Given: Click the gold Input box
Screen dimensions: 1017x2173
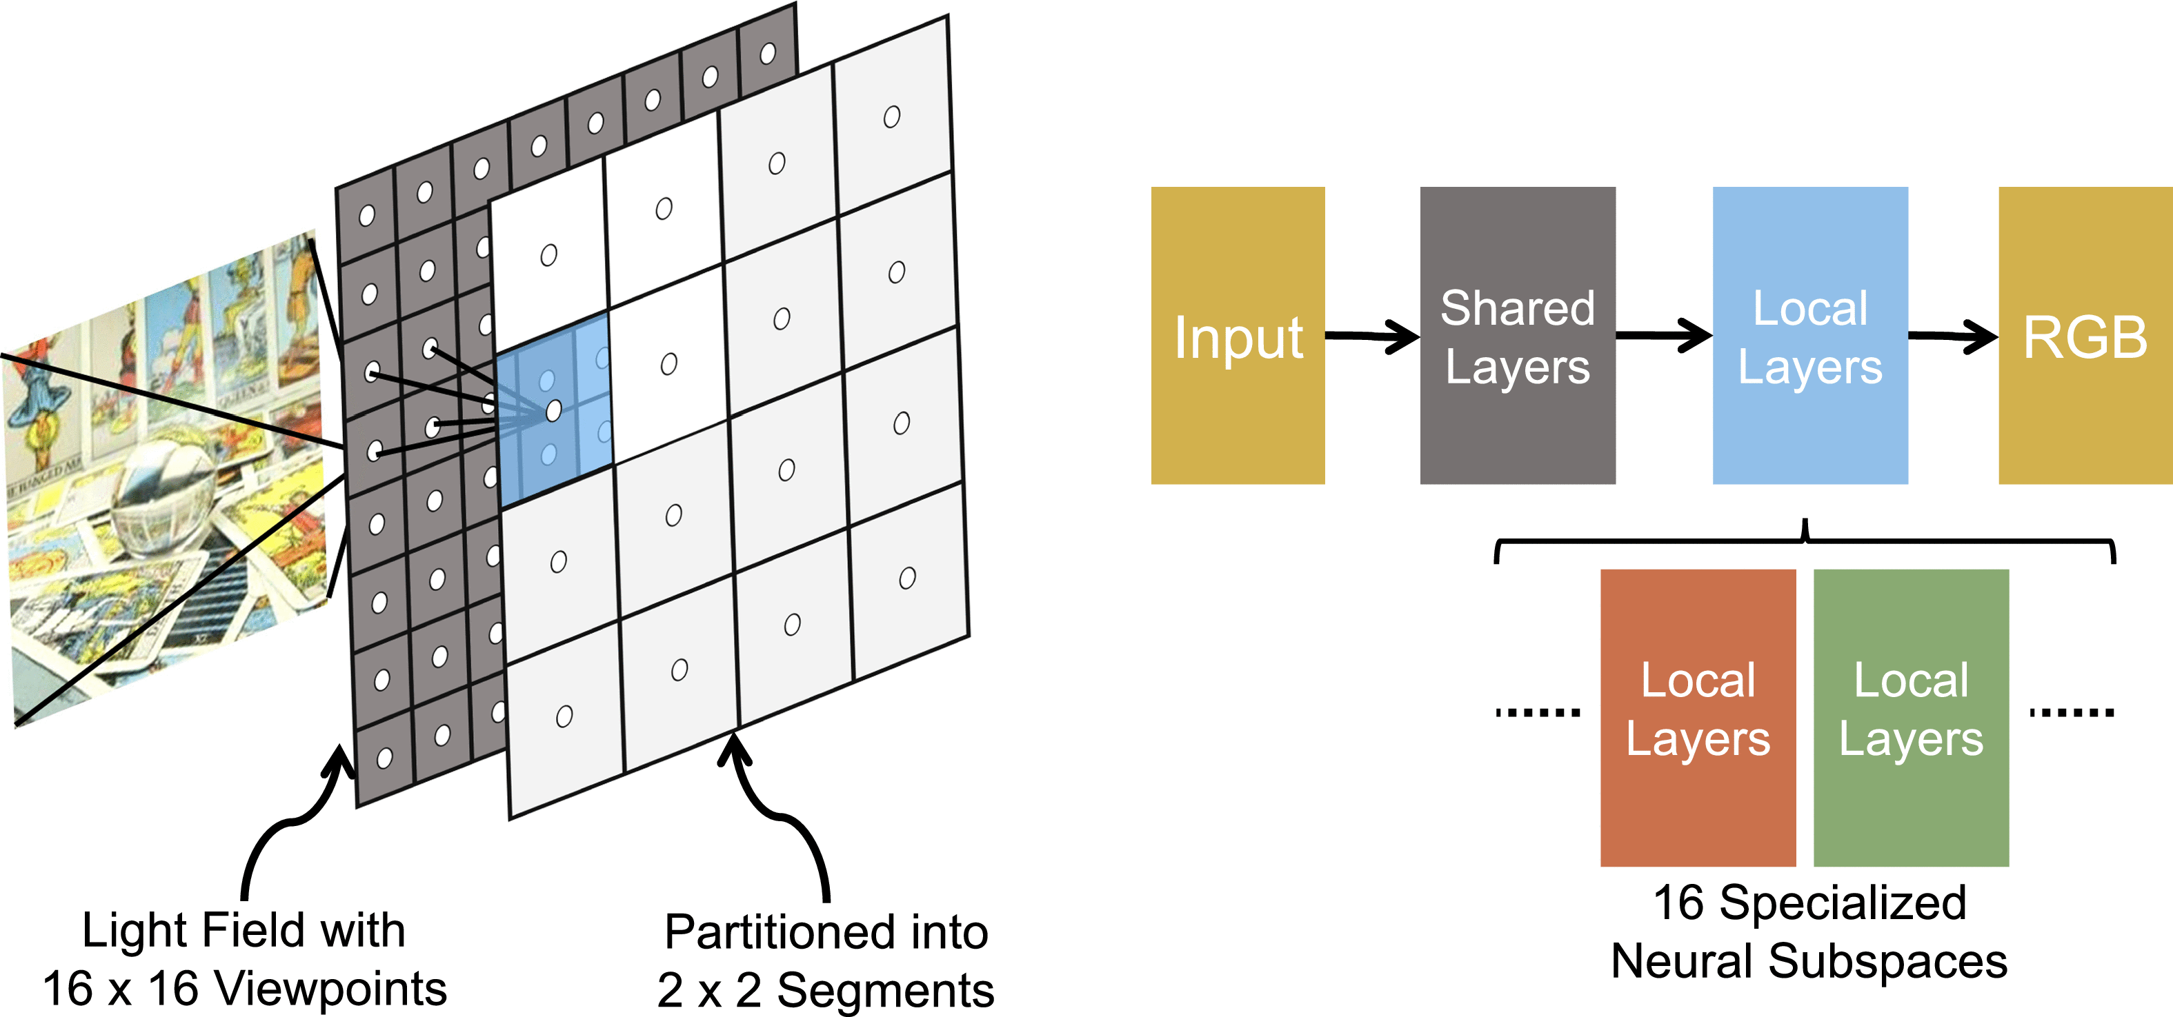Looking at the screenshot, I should click(x=1238, y=335).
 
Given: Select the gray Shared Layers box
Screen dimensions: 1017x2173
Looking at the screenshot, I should click(x=1517, y=335).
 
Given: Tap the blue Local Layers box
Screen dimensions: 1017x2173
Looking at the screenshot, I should click(x=1809, y=335).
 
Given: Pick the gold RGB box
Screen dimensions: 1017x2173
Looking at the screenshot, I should click(x=2085, y=335).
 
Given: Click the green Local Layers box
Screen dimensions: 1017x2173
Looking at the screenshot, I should click(x=1911, y=717).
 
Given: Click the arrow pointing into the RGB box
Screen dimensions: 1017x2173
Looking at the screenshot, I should click(x=1953, y=336).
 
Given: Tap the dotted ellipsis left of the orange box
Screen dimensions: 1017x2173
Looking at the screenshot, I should click(x=1537, y=712).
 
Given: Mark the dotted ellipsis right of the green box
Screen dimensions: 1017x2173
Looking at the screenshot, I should click(x=2071, y=712).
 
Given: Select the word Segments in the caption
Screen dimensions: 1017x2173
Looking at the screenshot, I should click(x=885, y=990).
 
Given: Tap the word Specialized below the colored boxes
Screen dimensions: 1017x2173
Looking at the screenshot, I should click(x=1843, y=903).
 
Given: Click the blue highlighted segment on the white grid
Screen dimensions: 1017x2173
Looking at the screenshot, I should click(x=553, y=412).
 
